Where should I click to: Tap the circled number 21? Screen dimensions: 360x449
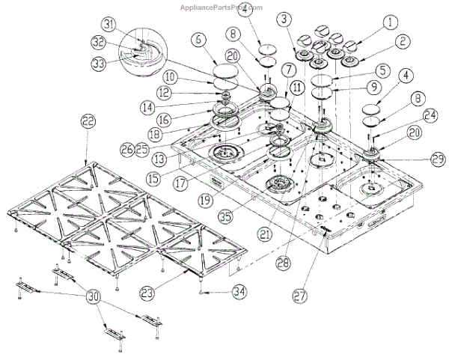pyautogui.click(x=262, y=234)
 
